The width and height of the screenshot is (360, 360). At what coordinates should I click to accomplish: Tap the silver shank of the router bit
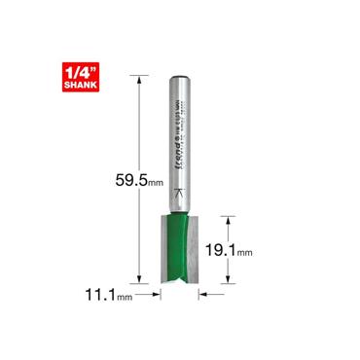180,136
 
